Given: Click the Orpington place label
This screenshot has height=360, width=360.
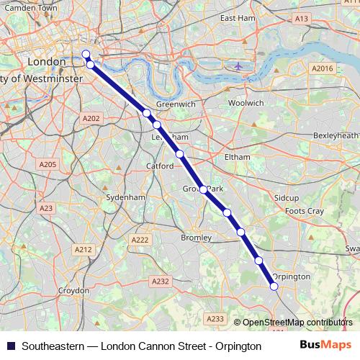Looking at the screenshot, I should pyautogui.click(x=292, y=276).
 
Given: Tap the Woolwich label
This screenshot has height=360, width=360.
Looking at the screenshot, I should pyautogui.click(x=246, y=103).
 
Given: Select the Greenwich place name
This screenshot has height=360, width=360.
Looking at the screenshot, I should pyautogui.click(x=176, y=104).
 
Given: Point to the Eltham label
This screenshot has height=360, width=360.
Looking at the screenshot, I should pyautogui.click(x=237, y=156).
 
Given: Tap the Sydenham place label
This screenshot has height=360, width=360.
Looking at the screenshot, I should pyautogui.click(x=125, y=197).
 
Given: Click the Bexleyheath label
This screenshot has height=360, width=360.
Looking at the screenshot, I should pyautogui.click(x=336, y=135).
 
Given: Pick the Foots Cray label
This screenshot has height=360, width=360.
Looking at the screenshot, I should pyautogui.click(x=304, y=211).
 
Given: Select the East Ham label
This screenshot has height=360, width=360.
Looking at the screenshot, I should pyautogui.click(x=238, y=17).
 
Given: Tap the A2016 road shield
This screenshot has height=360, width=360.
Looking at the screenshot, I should pyautogui.click(x=323, y=68).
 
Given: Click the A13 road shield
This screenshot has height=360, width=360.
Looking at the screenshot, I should pyautogui.click(x=301, y=18).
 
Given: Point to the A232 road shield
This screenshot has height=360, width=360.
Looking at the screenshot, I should pyautogui.click(x=160, y=282).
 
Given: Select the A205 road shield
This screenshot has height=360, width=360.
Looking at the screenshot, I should pyautogui.click(x=48, y=165).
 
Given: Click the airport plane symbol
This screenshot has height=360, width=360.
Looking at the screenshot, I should pyautogui.click(x=238, y=66).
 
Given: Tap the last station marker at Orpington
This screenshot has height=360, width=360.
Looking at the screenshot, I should pyautogui.click(x=274, y=287).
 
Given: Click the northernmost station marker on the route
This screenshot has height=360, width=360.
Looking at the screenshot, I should pyautogui.click(x=86, y=54).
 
